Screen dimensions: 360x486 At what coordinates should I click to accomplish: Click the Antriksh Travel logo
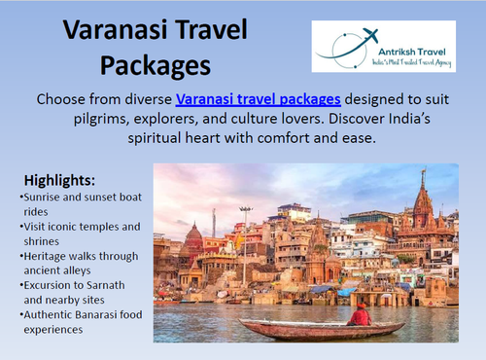[383, 47]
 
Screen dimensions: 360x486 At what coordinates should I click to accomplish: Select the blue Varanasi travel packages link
[259, 98]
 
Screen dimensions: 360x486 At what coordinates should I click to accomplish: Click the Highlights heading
[59, 181]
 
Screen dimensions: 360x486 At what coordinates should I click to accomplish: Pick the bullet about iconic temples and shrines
[78, 234]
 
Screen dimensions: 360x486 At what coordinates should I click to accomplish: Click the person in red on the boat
[361, 313]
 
